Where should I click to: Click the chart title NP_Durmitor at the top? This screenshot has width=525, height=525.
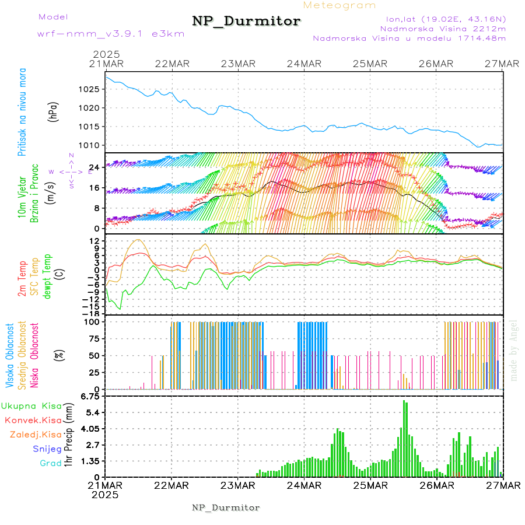pos(246,22)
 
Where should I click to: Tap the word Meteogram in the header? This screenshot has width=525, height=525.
pos(339,5)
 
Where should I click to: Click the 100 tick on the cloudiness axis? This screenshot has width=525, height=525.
pos(92,321)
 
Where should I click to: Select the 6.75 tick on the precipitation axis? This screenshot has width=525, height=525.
pos(91,397)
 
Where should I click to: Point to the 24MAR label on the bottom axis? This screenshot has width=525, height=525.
pos(304,485)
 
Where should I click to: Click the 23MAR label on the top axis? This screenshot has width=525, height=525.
pos(238,64)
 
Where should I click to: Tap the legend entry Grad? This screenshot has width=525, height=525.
pos(51,463)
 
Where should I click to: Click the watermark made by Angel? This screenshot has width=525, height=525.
pos(514,350)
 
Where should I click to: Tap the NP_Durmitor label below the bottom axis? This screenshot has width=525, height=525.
pos(226,508)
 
